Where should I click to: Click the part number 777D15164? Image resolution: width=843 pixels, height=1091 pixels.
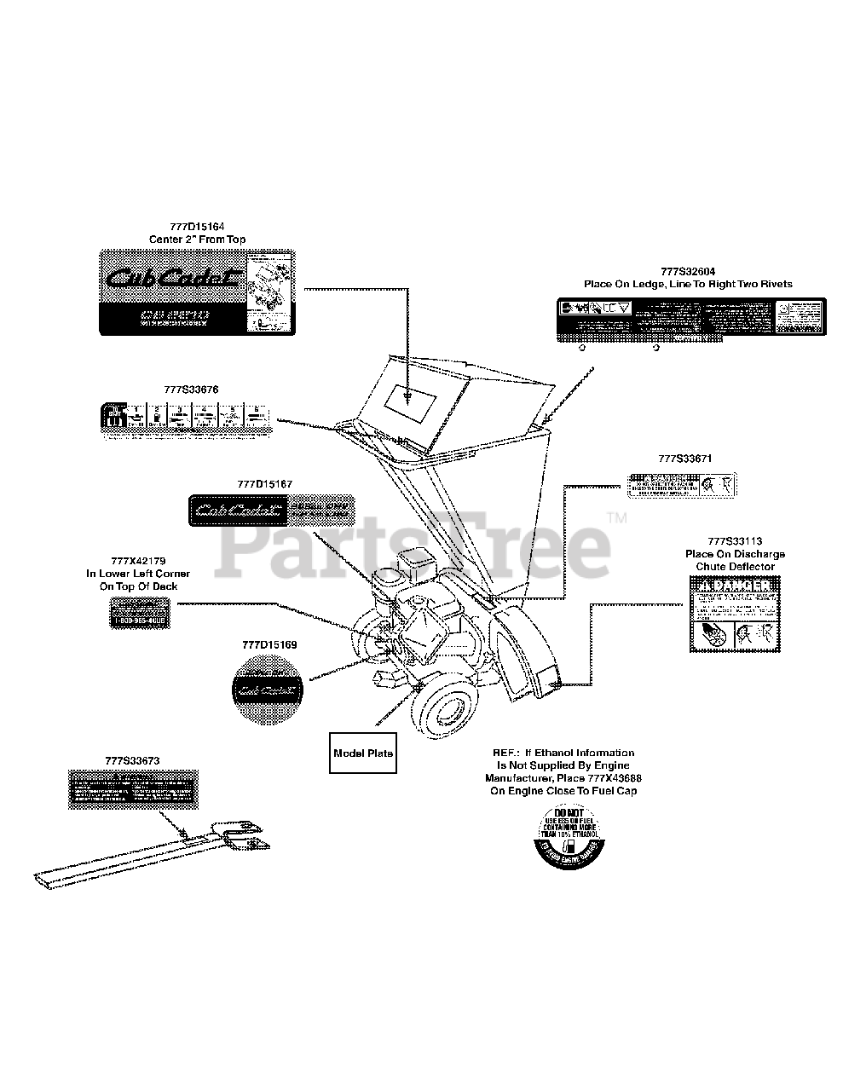[197, 227]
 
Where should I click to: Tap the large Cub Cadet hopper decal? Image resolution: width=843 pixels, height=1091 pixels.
[197, 292]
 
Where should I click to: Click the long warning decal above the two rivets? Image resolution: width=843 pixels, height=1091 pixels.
[690, 320]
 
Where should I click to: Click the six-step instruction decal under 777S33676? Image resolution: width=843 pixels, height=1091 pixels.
[188, 419]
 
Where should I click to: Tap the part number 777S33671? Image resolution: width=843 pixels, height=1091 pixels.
[684, 459]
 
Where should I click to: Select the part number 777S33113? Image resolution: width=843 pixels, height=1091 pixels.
[735, 541]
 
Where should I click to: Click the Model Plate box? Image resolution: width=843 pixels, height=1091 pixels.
[363, 753]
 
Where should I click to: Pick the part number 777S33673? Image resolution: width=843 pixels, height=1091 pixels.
[133, 759]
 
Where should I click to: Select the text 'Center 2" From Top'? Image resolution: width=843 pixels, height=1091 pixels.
[197, 240]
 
